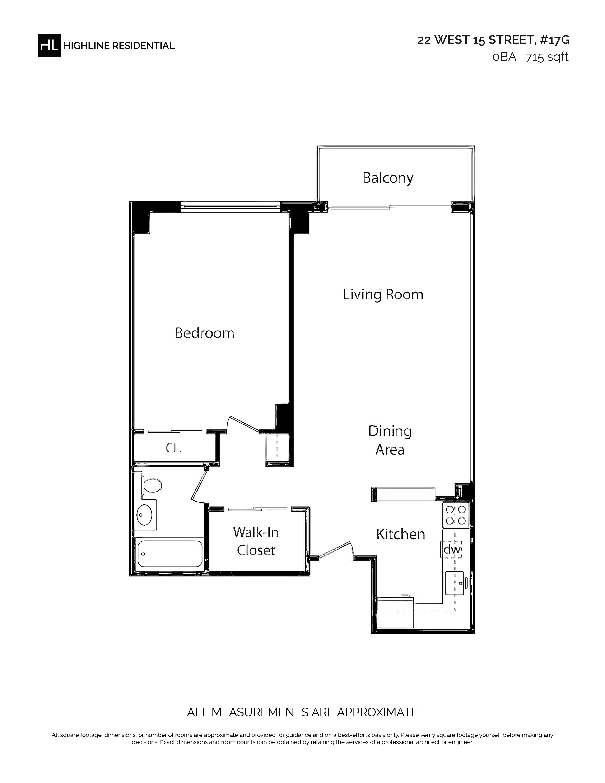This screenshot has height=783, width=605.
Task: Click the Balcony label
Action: click(388, 178)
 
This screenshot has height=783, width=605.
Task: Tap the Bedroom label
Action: click(205, 333)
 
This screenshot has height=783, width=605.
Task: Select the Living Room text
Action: click(383, 295)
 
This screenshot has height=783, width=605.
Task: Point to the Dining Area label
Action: click(390, 440)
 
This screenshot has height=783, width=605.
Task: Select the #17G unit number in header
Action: click(555, 40)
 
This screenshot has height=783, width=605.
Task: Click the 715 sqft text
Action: click(547, 57)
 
